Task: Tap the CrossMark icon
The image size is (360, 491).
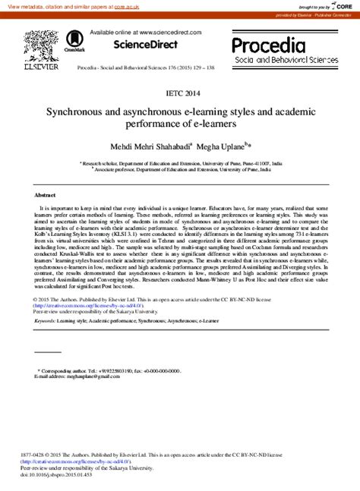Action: [x=74, y=42]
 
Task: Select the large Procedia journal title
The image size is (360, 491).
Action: [x=268, y=45]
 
